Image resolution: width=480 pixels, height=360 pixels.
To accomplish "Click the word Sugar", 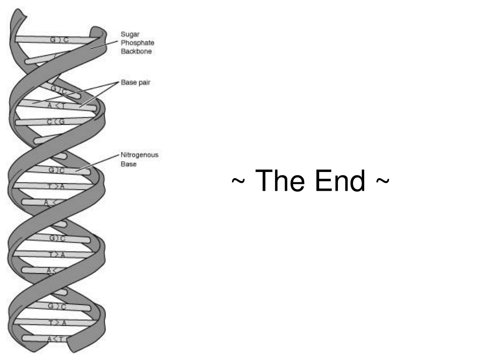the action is point(130,34).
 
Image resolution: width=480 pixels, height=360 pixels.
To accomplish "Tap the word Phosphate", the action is point(137,43).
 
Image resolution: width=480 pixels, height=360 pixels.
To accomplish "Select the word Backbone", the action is point(136,52).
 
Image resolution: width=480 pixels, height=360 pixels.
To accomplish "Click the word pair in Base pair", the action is point(144,82).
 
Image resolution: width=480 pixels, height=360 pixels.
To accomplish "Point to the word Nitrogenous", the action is point(140,155).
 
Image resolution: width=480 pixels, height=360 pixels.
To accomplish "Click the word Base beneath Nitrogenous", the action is point(128,164).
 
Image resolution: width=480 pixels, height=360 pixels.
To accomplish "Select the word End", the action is point(340,180).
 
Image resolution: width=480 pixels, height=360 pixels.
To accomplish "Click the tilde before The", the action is point(238,180).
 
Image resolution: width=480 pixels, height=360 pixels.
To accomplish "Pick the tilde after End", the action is point(382,180).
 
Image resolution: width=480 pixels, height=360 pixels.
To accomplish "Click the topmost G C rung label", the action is point(60,40).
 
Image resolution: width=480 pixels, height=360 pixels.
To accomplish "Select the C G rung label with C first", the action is point(56,122).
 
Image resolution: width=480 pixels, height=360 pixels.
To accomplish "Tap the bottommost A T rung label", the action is point(57,339).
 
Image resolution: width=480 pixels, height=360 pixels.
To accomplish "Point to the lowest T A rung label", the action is point(57,322).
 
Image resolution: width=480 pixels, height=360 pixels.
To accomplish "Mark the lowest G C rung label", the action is point(57,306).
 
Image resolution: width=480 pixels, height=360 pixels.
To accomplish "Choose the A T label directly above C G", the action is point(56,106).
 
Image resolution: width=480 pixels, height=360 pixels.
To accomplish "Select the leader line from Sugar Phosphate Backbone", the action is point(105,45).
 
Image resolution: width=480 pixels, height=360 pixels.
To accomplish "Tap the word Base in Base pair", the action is point(128,82).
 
